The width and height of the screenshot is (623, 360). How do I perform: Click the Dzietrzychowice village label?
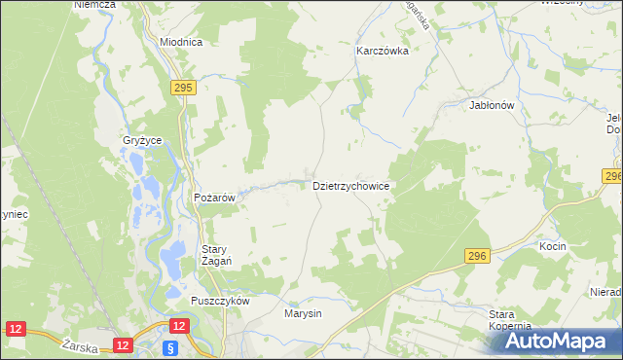click(x=351, y=184)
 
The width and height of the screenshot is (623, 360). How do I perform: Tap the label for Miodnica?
click(x=180, y=43)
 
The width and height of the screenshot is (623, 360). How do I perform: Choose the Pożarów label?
click(x=215, y=198)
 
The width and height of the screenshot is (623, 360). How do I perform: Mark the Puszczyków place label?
click(x=221, y=301)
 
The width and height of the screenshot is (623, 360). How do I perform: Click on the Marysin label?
click(x=303, y=314)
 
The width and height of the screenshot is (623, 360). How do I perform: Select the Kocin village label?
click(x=552, y=247)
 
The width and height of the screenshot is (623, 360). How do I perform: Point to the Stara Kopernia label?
click(x=509, y=320)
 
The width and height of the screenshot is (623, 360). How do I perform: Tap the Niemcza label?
click(x=94, y=5)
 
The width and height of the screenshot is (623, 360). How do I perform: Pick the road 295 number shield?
click(x=183, y=88)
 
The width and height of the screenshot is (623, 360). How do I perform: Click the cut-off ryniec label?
click(x=13, y=214)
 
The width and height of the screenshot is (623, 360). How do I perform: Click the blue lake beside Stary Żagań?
click(x=174, y=259)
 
